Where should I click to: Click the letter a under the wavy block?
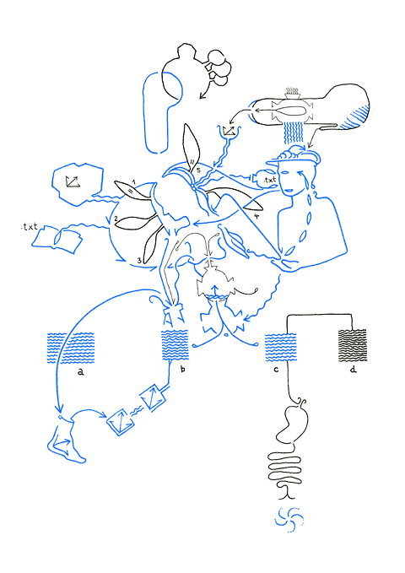point(81,372)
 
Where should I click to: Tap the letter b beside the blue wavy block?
point(183,369)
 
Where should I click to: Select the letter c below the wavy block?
point(276,370)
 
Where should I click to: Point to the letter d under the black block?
point(353,370)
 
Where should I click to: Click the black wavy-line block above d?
point(353,345)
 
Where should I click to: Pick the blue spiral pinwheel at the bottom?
point(289,519)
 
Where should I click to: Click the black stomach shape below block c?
point(293,420)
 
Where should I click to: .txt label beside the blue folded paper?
point(30,227)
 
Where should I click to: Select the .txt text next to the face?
point(270,180)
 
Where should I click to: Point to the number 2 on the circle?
point(116,219)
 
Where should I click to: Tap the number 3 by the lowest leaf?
point(139,261)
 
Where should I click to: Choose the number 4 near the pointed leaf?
point(256,216)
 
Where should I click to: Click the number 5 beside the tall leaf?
point(198,170)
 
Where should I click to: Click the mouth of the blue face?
point(289,190)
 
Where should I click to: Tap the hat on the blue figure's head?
point(294,157)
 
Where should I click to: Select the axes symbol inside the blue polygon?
point(73,181)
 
